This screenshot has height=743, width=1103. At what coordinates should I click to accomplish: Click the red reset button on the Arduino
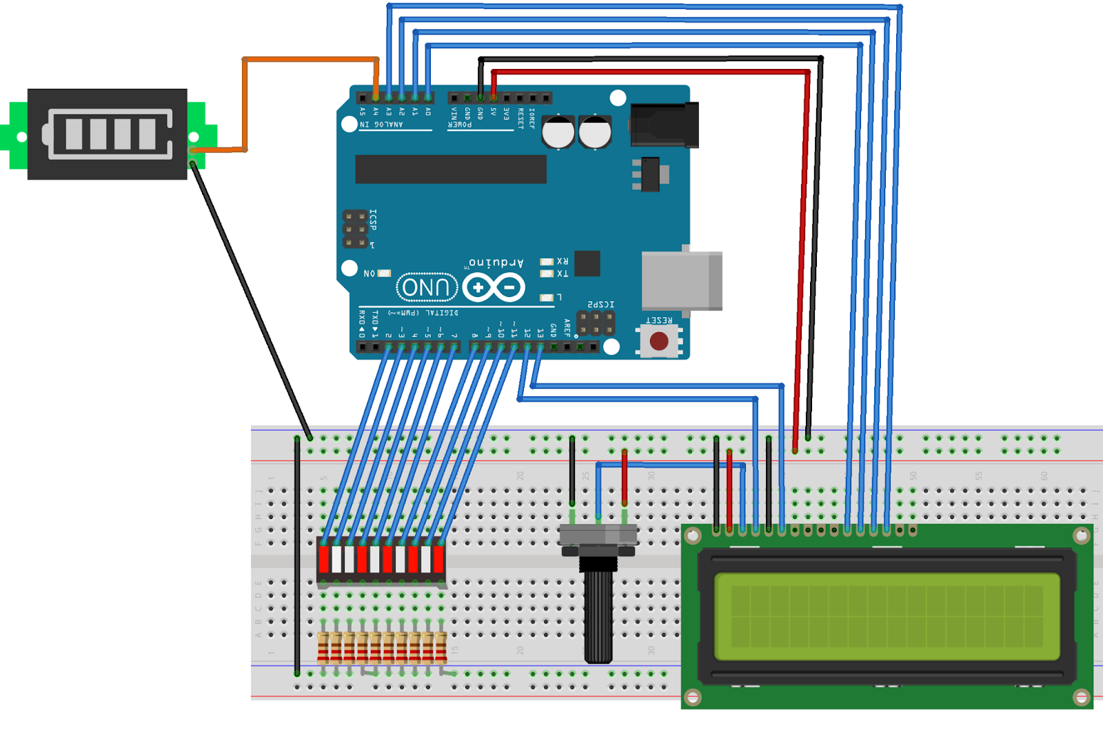click(659, 341)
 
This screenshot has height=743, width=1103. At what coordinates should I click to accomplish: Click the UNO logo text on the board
click(427, 287)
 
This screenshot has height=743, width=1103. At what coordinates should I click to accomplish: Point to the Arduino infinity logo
click(494, 287)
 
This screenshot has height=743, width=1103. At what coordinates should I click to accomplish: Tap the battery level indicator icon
click(108, 134)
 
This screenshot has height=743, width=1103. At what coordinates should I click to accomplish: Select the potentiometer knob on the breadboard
click(598, 613)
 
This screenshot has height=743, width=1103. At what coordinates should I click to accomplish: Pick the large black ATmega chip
click(451, 169)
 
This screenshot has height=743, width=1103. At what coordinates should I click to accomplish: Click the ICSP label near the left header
click(373, 219)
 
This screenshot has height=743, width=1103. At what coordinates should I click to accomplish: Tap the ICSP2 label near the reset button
click(600, 304)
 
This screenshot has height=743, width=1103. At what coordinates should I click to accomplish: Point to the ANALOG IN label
click(381, 125)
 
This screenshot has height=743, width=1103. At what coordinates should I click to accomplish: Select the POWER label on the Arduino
click(460, 125)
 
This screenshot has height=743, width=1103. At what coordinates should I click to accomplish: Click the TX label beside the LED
click(563, 274)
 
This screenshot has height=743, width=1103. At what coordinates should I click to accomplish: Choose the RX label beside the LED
click(563, 261)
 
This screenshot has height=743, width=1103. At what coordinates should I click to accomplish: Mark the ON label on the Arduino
click(370, 274)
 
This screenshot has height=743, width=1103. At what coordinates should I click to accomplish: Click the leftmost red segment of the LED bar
click(323, 559)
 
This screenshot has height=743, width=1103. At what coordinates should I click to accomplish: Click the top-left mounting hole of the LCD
click(693, 535)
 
